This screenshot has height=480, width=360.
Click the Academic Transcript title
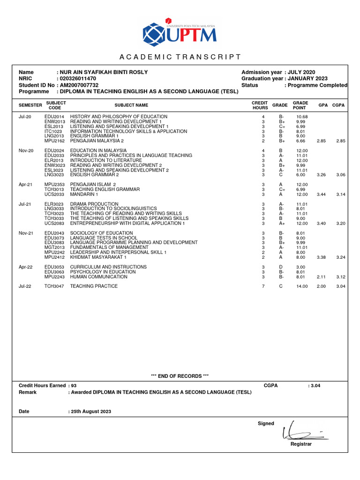(x=180, y=57)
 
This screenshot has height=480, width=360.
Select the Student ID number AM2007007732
(x=79, y=85)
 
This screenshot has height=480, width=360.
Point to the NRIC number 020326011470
(x=77, y=79)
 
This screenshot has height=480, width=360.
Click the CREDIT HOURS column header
(x=260, y=105)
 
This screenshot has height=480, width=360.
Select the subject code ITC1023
(x=53, y=131)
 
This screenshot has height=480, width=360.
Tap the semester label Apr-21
(x=25, y=185)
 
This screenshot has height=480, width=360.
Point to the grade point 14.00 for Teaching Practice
(x=302, y=286)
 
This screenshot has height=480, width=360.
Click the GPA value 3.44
(x=321, y=194)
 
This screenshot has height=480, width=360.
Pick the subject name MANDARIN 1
(x=84, y=194)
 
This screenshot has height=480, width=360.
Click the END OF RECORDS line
(x=180, y=376)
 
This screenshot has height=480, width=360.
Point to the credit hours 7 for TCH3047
(x=263, y=286)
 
